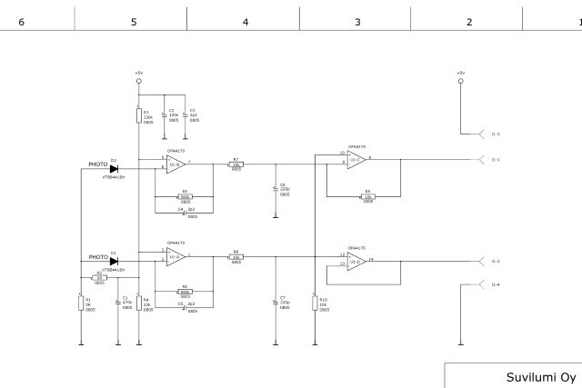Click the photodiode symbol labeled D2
coord(114,168)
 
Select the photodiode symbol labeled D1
coord(114,262)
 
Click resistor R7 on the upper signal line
coord(236,164)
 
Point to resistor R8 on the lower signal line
coord(236,258)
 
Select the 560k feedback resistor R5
coord(186,196)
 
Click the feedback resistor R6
coord(186,291)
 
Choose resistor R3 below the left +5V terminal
coord(138,114)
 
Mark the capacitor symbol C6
coord(276,189)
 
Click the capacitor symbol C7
coord(276,302)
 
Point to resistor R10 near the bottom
coord(314,303)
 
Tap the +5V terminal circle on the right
coord(460,81)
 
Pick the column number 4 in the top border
coord(245,19)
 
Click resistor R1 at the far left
coord(81,303)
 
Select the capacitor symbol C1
coord(118,302)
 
